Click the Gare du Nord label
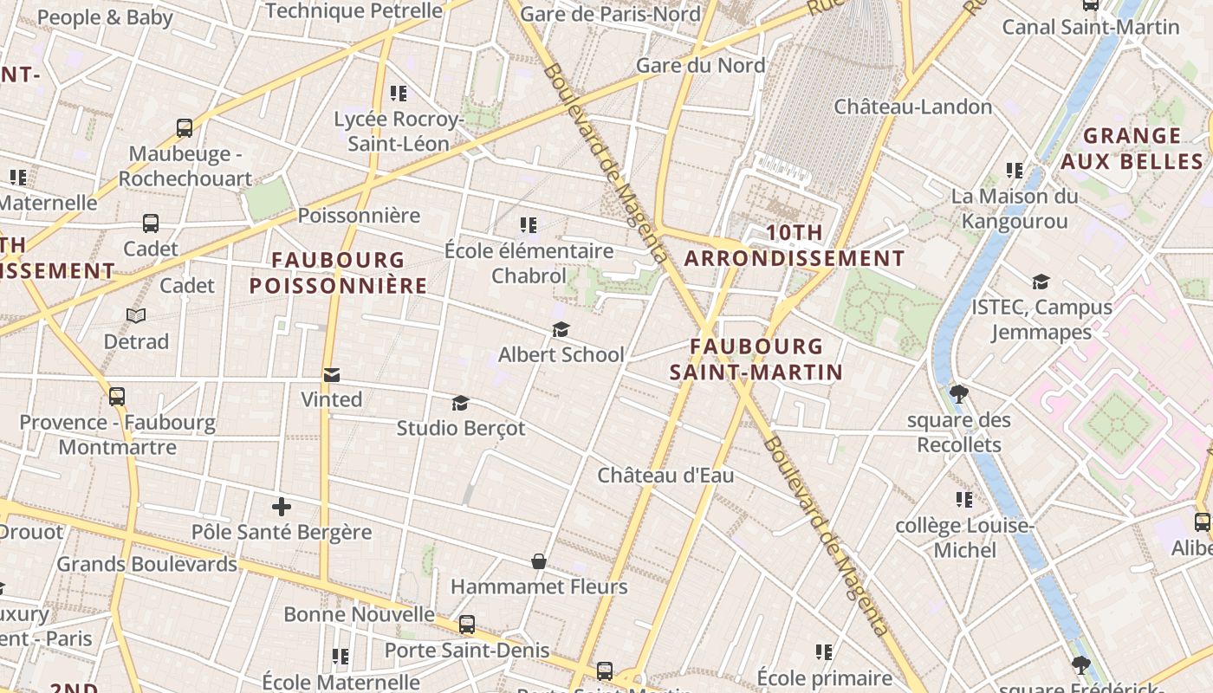(700, 66)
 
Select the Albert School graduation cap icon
(561, 330)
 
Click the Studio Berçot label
(460, 428)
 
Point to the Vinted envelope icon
(331, 375)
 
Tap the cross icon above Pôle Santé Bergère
(281, 507)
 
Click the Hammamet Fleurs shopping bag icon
(539, 562)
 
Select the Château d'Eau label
(665, 476)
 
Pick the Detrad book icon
(136, 316)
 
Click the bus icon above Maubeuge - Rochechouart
(185, 128)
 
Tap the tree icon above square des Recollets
(958, 395)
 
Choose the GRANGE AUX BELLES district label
(1132, 148)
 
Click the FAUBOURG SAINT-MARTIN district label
(756, 359)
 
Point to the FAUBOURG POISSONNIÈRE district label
(338, 272)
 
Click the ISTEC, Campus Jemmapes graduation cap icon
(1041, 282)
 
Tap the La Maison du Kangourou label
(1015, 209)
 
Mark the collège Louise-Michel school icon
(963, 500)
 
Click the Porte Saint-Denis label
(466, 650)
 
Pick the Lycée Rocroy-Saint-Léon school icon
(399, 94)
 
